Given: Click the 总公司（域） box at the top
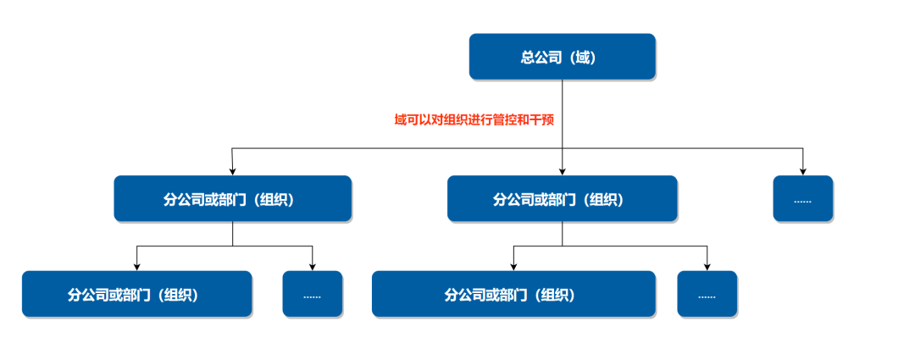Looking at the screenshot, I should pyautogui.click(x=562, y=57).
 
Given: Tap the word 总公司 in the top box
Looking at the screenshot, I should pyautogui.click(x=539, y=58).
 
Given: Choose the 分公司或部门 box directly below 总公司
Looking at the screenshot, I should pyautogui.click(x=562, y=199).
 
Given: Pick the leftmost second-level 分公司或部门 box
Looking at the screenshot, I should pyautogui.click(x=233, y=199).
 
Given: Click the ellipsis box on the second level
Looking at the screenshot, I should pyautogui.click(x=802, y=199).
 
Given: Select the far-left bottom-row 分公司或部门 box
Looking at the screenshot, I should pyautogui.click(x=136, y=294).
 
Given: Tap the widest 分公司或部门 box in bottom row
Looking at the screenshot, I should pyautogui.click(x=513, y=294).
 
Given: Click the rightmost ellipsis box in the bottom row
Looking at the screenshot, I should pyautogui.click(x=707, y=294).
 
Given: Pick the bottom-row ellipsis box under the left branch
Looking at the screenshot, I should pyautogui.click(x=312, y=294).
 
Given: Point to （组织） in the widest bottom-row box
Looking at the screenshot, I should pyautogui.click(x=552, y=295).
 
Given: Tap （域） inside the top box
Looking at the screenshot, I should pyautogui.click(x=583, y=58).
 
